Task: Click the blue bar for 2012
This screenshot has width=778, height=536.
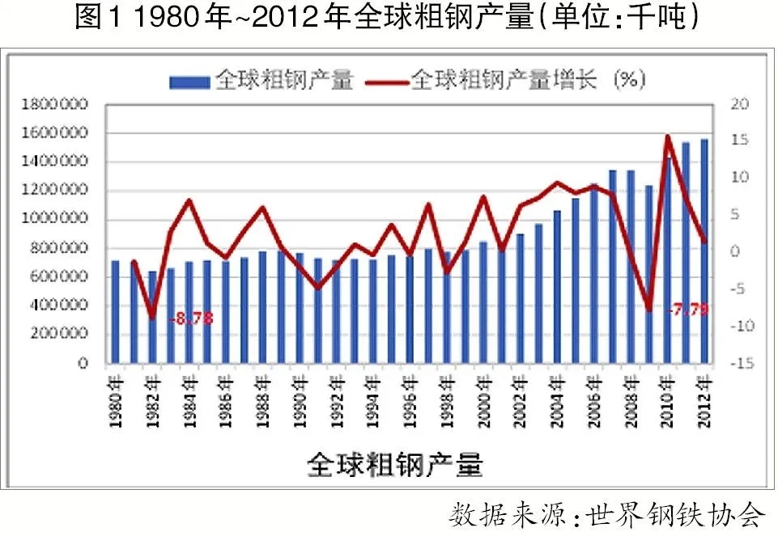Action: click(x=704, y=251)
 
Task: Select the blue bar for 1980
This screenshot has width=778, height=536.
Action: click(x=115, y=312)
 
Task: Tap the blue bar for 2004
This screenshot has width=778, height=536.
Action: click(x=557, y=287)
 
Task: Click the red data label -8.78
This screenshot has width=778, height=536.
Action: click(x=192, y=319)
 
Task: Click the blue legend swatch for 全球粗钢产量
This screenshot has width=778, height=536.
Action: click(x=190, y=81)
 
